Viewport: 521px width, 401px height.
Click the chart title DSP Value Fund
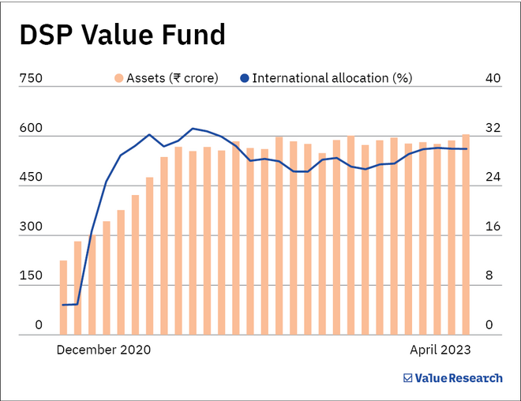[122, 36]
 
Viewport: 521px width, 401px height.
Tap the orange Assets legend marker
[118, 78]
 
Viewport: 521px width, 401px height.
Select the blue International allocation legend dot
[245, 78]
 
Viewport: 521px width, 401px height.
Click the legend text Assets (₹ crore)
[172, 78]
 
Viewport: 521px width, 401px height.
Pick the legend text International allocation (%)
[332, 78]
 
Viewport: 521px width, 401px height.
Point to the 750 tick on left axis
[31, 78]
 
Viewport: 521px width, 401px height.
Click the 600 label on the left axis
[31, 128]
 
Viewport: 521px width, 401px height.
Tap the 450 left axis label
[31, 178]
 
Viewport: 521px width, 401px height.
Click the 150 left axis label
[31, 276]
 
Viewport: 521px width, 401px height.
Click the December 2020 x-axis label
[103, 349]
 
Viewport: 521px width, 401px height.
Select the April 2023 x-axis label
[440, 349]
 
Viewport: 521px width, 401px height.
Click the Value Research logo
[452, 378]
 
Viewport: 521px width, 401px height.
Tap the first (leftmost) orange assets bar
[63, 298]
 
